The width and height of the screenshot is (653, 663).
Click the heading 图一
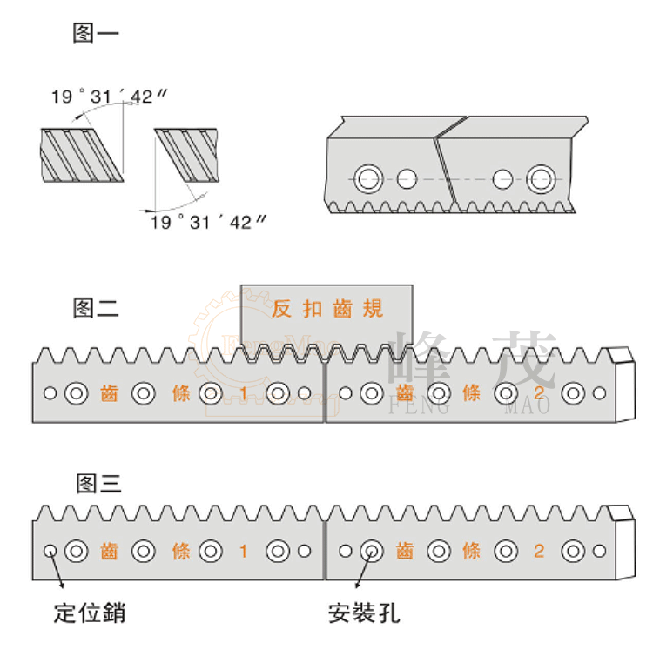pyautogui.click(x=97, y=35)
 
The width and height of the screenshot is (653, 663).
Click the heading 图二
pyautogui.click(x=97, y=307)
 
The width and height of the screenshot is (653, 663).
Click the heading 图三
pyautogui.click(x=97, y=483)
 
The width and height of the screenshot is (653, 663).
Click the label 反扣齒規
pyautogui.click(x=327, y=308)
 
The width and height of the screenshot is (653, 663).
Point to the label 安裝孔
pyautogui.click(x=364, y=613)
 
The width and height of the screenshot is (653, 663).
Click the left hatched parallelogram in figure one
pyautogui.click(x=82, y=155)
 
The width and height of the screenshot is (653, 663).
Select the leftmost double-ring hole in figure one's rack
pyautogui.click(x=367, y=179)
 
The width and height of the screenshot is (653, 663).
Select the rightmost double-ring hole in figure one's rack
pyautogui.click(x=541, y=179)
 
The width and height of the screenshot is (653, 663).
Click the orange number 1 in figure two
pyautogui.click(x=244, y=394)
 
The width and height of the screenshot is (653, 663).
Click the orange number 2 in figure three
pyautogui.click(x=539, y=551)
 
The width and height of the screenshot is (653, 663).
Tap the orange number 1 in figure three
pyautogui.click(x=244, y=551)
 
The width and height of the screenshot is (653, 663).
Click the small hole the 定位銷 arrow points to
pyautogui.click(x=50, y=550)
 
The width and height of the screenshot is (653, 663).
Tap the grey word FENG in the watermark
pyautogui.click(x=421, y=406)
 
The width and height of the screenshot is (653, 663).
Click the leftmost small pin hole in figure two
pyautogui.click(x=50, y=393)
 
